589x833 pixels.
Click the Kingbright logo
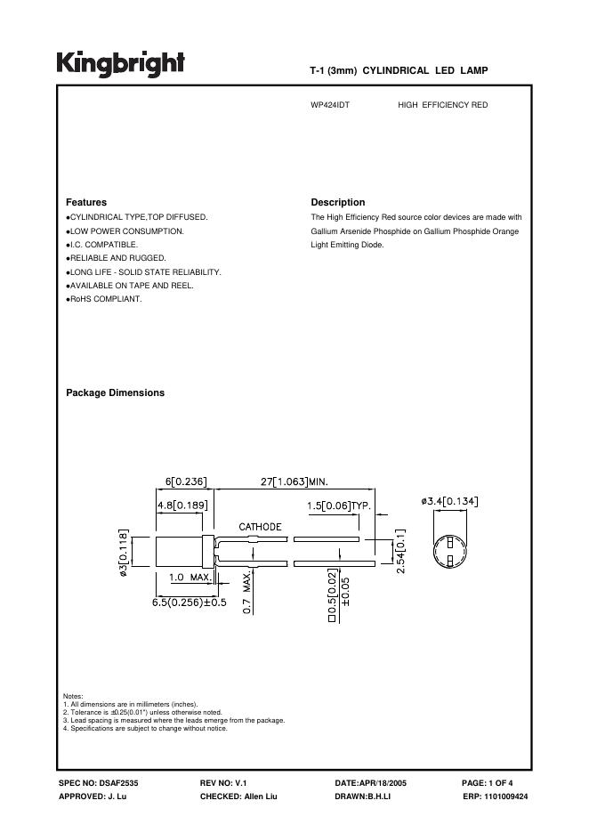click(121, 63)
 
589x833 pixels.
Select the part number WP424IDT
click(330, 105)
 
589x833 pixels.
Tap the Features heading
click(86, 202)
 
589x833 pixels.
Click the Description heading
click(338, 202)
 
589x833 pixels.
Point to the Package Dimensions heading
click(115, 392)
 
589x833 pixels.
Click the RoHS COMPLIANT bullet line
click(104, 299)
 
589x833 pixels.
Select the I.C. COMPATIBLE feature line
click(102, 244)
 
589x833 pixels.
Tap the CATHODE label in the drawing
click(260, 527)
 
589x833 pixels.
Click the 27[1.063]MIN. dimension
click(294, 481)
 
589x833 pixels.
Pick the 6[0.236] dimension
click(186, 481)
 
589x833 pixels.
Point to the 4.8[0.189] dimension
click(182, 505)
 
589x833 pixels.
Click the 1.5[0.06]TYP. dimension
click(338, 505)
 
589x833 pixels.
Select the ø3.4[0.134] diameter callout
click(449, 501)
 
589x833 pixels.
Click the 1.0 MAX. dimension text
click(190, 577)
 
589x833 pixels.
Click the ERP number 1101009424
click(496, 796)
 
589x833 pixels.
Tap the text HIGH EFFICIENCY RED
click(443, 105)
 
